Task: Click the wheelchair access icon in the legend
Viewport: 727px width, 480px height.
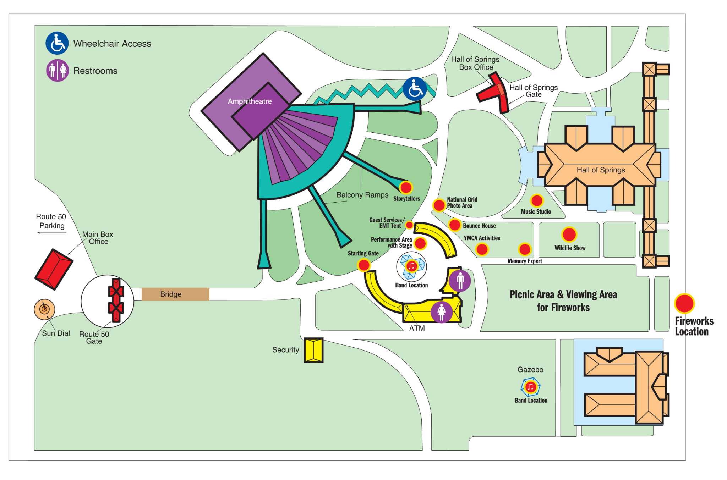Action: point(57,43)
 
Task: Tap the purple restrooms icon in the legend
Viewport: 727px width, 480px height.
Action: point(58,70)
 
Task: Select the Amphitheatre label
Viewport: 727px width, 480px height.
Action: point(250,101)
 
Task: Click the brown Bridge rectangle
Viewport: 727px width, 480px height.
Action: point(175,294)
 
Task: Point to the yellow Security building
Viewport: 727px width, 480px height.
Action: point(313,350)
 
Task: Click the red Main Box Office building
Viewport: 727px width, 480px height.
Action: point(54,269)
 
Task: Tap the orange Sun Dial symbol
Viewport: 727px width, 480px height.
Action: point(44,309)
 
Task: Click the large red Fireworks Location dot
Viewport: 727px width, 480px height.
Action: point(684,304)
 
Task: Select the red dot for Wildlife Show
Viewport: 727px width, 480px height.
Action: point(569,235)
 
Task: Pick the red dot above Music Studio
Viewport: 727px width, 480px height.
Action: point(537,201)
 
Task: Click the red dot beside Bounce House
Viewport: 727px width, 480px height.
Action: point(455,225)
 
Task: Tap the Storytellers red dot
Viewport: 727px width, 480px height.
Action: point(406,187)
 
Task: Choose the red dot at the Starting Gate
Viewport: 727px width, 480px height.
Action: point(364,265)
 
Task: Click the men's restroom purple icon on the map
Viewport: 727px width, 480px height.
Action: point(460,281)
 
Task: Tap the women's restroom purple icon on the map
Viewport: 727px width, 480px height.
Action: point(442,312)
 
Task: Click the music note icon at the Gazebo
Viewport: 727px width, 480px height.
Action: point(530,387)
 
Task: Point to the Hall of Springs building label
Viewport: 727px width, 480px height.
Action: point(601,170)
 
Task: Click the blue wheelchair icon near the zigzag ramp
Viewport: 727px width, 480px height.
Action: point(415,89)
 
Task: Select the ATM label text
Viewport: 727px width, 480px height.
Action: point(417,328)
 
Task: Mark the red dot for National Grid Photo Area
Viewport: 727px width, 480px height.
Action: point(439,205)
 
